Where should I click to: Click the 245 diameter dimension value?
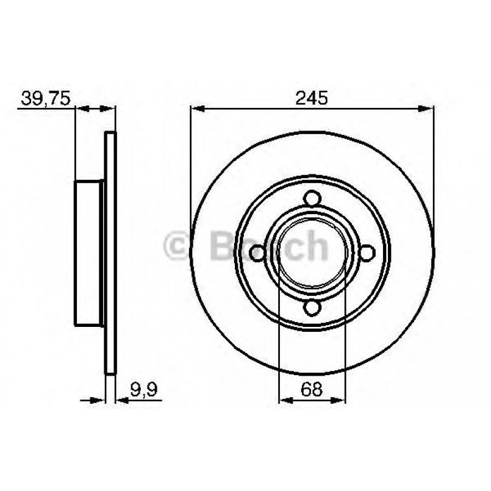(x=312, y=97)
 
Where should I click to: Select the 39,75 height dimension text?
(x=46, y=97)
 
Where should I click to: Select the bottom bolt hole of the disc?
(x=312, y=307)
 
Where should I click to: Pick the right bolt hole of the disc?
(x=367, y=253)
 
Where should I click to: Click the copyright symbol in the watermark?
(x=179, y=246)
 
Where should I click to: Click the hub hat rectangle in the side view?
(x=89, y=253)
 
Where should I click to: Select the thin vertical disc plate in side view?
(x=110, y=253)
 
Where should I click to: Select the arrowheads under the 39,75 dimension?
(x=95, y=109)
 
